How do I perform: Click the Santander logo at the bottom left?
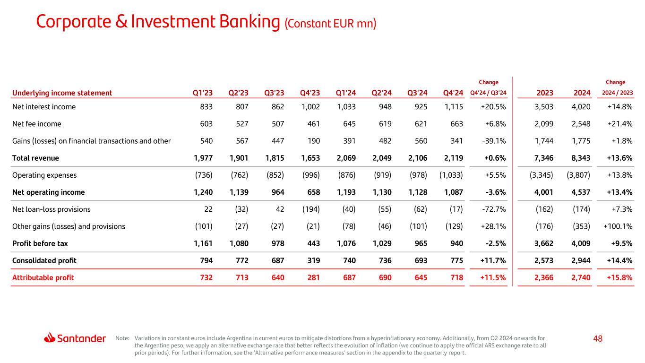coord(75,338)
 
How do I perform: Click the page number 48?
coord(598,338)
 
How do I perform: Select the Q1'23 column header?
coord(203,93)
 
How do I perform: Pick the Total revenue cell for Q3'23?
coord(275,158)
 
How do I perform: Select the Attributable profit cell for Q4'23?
coord(311,277)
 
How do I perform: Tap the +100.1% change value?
coord(618,226)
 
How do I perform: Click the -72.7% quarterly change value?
coord(494,209)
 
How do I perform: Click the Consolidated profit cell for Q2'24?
coord(383,260)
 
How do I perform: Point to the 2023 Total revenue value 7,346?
coord(543,158)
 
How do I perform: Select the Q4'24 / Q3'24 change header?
coord(489,93)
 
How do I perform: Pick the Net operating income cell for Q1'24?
coord(346,192)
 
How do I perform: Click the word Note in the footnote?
coord(122,338)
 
